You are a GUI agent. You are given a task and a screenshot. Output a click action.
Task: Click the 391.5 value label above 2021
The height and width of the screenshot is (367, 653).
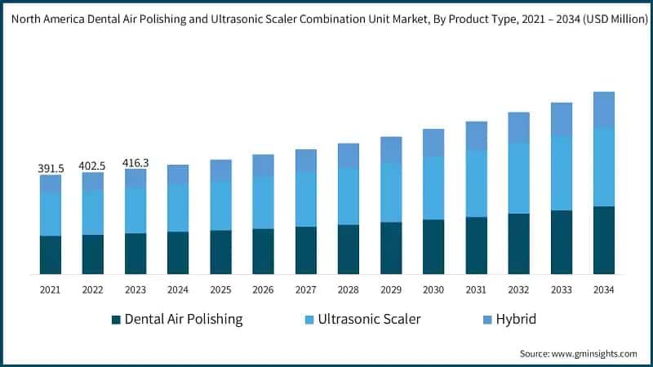pos(51,168)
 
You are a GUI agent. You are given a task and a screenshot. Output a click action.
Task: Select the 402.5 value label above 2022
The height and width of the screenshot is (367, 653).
pos(93,166)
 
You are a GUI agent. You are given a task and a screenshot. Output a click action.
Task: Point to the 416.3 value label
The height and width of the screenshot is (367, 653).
pos(135,163)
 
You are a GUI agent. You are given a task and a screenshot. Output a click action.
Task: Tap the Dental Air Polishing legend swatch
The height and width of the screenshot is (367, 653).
pos(116,319)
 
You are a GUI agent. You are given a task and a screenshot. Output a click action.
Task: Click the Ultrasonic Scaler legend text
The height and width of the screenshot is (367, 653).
pos(369,319)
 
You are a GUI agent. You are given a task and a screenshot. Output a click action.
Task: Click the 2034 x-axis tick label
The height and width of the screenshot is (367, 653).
pos(604,290)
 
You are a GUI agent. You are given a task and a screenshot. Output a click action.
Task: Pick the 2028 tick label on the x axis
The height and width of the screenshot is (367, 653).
pos(349,290)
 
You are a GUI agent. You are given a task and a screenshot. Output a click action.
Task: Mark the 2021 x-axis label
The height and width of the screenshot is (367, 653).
pos(51,290)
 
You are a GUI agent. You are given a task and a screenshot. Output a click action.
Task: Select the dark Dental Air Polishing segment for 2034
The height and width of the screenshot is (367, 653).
pos(604,240)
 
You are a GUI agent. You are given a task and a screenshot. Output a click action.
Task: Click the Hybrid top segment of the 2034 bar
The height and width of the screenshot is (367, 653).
pos(604,109)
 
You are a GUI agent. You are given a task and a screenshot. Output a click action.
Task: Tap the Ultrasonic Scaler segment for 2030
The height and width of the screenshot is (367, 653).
pos(433,188)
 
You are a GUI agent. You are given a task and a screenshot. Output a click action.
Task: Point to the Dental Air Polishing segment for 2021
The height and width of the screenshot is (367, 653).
pos(51,254)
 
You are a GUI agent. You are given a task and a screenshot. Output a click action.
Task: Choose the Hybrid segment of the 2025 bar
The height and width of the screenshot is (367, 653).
pos(220,170)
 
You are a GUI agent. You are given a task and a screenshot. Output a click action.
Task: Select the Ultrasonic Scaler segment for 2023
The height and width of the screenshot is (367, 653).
pos(135,210)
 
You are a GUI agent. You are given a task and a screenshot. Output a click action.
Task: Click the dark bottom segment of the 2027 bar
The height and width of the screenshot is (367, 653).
pos(306,250)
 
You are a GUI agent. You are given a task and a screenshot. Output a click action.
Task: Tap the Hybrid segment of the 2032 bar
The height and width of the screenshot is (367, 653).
pos(518,128)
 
